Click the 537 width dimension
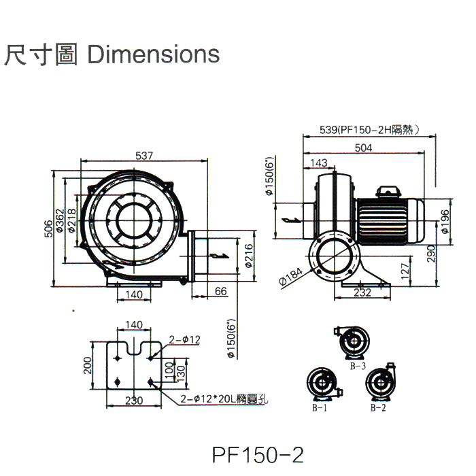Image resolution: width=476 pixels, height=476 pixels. coord(143,156)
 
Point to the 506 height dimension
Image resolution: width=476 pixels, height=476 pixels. coord(48,229)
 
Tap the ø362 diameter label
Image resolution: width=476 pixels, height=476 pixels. coord(60,220)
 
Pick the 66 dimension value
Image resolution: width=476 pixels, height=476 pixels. coord(220,291)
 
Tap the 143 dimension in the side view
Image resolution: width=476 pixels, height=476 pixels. coord(318,163)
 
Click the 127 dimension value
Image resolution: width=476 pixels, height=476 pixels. coord(405,272)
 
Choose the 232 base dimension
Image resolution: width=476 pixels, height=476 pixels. coord(362,292)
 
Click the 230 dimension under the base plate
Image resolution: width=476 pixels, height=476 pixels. coord(135,401)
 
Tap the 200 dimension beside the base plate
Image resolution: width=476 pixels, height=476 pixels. coord(87,367)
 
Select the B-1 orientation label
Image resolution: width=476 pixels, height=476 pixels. coord(320,408)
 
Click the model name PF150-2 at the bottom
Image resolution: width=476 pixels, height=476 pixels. coord(257,454)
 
